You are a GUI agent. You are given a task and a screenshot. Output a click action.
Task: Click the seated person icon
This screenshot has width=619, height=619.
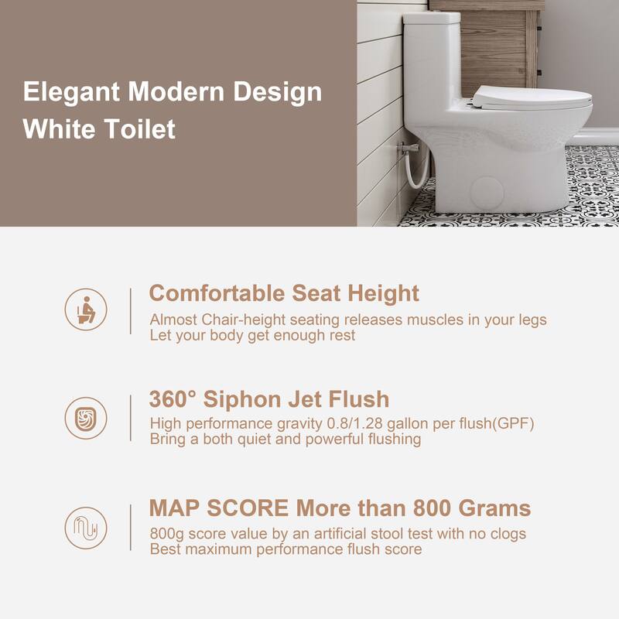click(x=85, y=309)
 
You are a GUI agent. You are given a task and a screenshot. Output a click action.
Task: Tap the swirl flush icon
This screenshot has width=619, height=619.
click(x=85, y=418)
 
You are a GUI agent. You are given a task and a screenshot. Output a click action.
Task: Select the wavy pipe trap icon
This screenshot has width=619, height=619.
click(x=85, y=528)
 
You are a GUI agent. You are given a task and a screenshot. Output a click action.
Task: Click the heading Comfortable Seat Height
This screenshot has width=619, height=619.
click(x=284, y=294)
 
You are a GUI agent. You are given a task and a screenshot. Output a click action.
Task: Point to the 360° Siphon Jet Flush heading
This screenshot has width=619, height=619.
click(x=268, y=400)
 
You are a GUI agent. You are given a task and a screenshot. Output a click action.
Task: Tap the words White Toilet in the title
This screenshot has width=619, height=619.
click(x=99, y=128)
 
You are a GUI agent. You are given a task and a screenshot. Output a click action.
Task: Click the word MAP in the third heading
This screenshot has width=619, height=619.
click(x=173, y=508)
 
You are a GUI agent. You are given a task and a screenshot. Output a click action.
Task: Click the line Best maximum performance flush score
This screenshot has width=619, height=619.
click(x=286, y=549)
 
